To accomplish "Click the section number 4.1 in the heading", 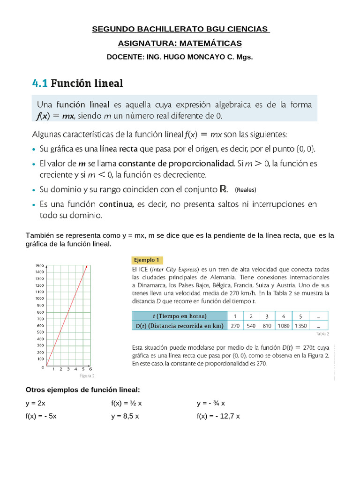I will (x=40, y=84).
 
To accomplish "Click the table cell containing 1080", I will (x=283, y=325).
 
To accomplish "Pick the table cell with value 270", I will (x=235, y=325).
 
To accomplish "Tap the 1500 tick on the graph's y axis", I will (x=39, y=266).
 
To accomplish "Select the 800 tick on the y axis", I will (x=40, y=312).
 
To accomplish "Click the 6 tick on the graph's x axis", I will (x=90, y=369).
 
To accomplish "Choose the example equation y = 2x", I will (x=36, y=403).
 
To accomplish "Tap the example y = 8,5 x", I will (x=125, y=416).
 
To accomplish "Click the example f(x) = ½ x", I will (x=126, y=403).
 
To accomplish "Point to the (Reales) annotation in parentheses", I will (x=246, y=190).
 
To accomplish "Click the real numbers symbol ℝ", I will (x=224, y=189).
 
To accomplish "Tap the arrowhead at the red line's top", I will (x=86, y=268).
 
